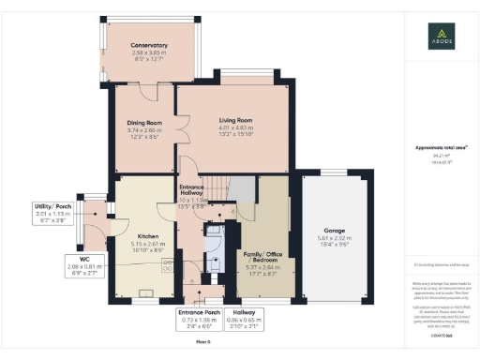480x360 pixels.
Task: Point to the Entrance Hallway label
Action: tap(198, 192)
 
